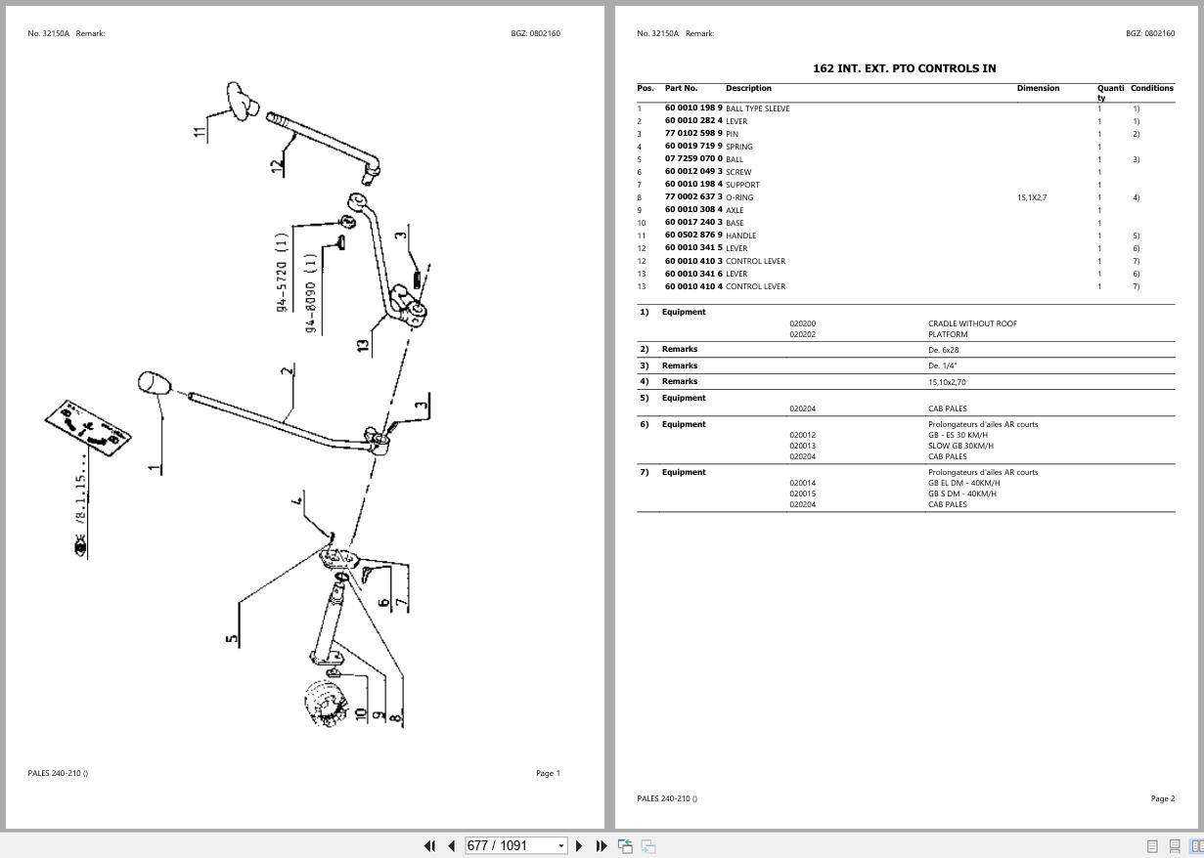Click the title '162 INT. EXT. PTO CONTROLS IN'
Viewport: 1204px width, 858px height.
click(904, 68)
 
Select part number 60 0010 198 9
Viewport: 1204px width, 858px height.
click(693, 108)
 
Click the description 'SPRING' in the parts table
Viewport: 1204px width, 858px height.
click(739, 147)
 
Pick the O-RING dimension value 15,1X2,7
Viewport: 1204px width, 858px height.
click(1031, 197)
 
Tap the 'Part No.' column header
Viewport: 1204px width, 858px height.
click(681, 88)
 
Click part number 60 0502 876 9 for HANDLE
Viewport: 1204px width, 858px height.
click(693, 236)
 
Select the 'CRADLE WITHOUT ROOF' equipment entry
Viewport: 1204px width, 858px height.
click(972, 323)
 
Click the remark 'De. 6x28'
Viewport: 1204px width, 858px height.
click(943, 350)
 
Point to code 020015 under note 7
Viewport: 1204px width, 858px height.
click(802, 493)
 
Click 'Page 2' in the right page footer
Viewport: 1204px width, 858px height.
click(1162, 798)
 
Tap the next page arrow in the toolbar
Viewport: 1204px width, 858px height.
click(579, 845)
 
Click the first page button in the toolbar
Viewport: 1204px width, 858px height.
click(428, 845)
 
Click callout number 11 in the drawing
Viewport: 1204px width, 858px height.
click(201, 131)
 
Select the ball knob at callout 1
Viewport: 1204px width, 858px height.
click(154, 382)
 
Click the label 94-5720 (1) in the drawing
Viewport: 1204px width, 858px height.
click(282, 273)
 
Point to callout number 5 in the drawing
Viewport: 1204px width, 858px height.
click(232, 639)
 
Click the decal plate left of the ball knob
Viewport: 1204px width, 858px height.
click(87, 426)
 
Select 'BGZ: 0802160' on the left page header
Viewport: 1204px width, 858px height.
click(535, 33)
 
